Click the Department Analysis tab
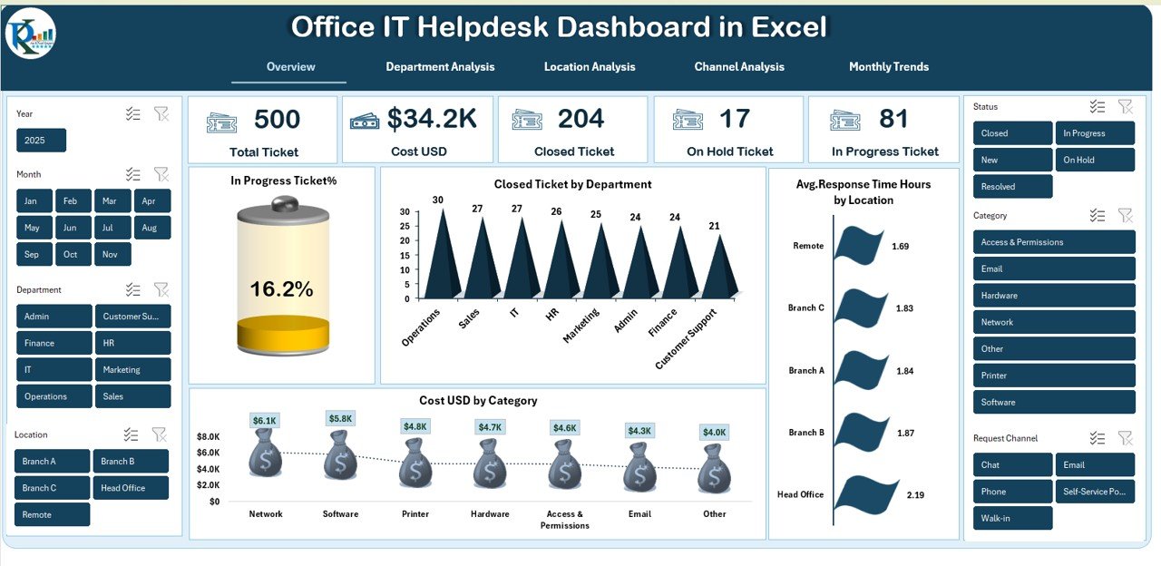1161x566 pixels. tap(440, 66)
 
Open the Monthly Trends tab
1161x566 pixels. tap(888, 66)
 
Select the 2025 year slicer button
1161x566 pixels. tap(41, 141)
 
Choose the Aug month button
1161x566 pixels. tap(150, 228)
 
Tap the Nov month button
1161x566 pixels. tap(111, 254)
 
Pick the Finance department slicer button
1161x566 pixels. tap(54, 343)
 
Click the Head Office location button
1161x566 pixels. tap(130, 488)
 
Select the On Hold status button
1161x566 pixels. tap(1094, 160)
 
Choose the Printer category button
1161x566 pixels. tap(1053, 376)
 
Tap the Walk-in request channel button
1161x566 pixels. tap(1012, 519)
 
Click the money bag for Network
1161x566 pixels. tap(265, 453)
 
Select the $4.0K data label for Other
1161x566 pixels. tap(714, 433)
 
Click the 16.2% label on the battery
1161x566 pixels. tap(281, 289)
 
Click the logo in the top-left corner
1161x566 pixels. tap(30, 34)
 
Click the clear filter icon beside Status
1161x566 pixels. tap(1125, 107)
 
